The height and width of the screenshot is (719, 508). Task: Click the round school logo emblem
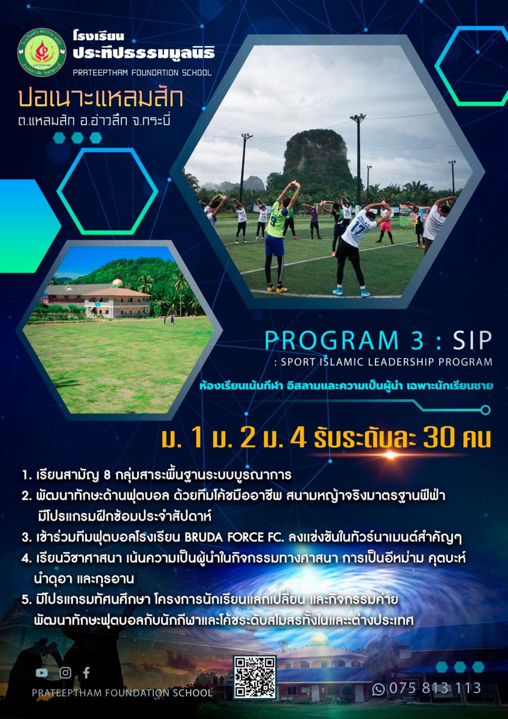coord(42,53)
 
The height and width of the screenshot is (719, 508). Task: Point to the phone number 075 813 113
coord(435,688)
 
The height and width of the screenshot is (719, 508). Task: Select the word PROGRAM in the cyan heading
coord(331,340)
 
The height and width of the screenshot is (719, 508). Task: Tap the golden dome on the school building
coord(117,282)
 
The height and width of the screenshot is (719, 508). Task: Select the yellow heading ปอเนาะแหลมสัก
coord(101,98)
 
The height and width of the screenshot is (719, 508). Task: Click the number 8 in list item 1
coord(107,475)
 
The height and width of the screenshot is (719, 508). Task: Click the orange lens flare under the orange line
coord(391,455)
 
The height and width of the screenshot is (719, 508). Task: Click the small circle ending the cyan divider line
coord(486,410)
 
